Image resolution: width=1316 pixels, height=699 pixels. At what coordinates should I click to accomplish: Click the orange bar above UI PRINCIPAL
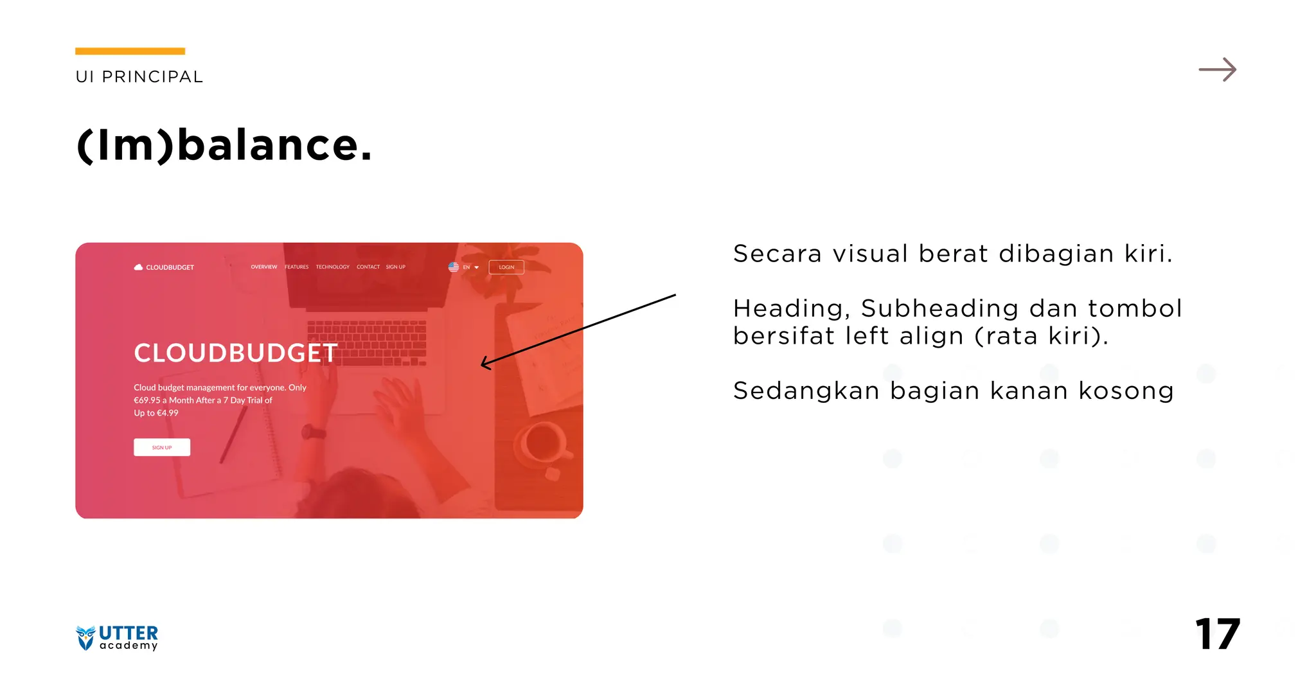coord(130,51)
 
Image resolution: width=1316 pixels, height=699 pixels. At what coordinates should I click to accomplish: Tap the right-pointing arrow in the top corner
coord(1217,69)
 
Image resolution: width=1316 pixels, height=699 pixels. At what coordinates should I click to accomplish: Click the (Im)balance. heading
coord(224,145)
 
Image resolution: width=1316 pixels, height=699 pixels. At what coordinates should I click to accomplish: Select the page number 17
coord(1217,635)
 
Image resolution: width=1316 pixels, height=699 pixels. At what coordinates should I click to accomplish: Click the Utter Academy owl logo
coord(85,637)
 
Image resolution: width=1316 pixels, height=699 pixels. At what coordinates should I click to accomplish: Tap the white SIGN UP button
coord(162,447)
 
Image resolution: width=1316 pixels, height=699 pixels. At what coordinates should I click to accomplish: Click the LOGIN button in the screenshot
coord(506,267)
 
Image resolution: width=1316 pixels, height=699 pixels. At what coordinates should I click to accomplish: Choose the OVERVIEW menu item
coord(263,267)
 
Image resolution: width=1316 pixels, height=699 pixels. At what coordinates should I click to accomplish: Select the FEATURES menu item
coord(296,267)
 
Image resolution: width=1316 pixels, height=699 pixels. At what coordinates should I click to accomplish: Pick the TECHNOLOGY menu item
coord(332,267)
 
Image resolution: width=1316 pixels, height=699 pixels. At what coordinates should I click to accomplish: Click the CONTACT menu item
coord(368,267)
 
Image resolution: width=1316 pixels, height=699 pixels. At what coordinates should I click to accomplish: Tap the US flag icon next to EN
coord(454,267)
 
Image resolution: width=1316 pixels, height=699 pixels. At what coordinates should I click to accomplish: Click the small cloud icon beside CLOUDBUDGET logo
coord(138,267)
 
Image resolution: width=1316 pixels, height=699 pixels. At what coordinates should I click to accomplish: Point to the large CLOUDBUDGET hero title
coord(235,353)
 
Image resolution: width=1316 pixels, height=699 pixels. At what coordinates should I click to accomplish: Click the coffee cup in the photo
coord(544,443)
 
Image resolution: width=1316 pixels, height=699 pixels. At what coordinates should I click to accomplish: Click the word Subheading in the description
coord(939,309)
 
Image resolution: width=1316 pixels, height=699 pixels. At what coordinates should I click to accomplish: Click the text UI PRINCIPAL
coord(139,77)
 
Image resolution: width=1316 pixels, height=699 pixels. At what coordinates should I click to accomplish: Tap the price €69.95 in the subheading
coord(147,400)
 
